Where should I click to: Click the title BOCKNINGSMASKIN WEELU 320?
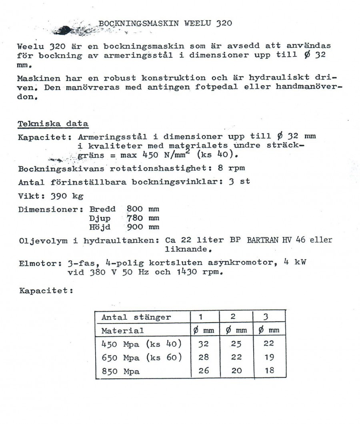pos(165,23)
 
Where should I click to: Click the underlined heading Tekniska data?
pos(53,124)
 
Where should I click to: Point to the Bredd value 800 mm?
pos(143,209)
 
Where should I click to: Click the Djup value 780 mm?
pos(143,218)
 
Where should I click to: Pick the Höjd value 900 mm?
pos(143,227)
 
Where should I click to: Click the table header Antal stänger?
pos(136,317)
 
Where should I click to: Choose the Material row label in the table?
pos(122,331)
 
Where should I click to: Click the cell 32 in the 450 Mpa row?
pos(204,344)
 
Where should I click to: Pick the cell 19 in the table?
pos(270,357)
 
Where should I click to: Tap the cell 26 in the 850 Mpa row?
pos(204,371)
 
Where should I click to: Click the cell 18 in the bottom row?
pos(270,371)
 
